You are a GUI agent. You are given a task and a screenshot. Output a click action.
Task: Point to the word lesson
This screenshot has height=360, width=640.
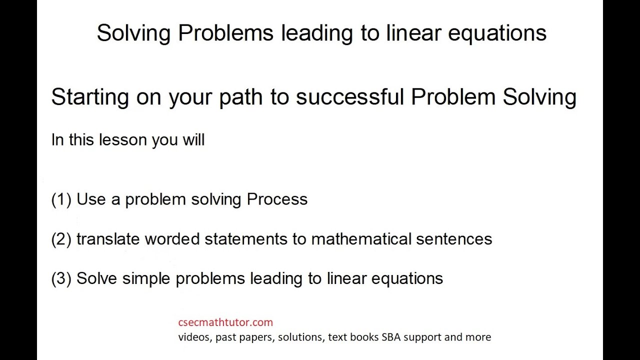[x=123, y=140]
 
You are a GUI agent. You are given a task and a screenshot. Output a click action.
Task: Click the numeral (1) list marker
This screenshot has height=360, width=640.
[x=61, y=199]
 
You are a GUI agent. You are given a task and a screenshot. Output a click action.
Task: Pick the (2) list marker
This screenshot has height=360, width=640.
[x=61, y=239]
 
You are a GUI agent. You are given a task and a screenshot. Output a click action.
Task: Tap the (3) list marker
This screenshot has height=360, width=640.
[x=61, y=278]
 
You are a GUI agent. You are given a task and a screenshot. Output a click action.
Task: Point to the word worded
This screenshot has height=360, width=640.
[x=172, y=239]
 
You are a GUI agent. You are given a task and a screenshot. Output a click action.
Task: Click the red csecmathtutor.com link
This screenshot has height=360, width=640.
[x=225, y=322]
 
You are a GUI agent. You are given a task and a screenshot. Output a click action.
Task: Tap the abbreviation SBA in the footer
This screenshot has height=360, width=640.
[x=391, y=337]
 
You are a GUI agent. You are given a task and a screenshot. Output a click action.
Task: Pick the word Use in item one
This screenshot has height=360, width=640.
[x=91, y=199]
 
